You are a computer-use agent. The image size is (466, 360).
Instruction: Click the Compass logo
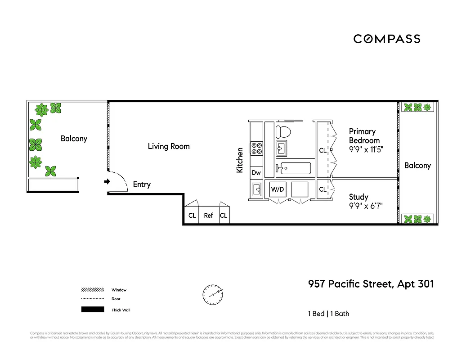click(x=387, y=39)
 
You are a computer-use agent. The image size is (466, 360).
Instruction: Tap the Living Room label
click(x=169, y=146)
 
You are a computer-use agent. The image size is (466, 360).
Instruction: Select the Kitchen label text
click(x=240, y=160)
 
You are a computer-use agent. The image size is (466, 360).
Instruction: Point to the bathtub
click(x=295, y=168)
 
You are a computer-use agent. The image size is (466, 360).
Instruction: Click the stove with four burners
click(x=257, y=148)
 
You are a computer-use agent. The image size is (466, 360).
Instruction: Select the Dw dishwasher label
click(x=256, y=173)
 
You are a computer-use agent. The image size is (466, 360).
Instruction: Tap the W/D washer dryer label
click(x=277, y=190)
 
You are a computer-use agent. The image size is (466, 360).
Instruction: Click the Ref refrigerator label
click(x=208, y=216)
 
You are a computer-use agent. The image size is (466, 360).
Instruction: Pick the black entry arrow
click(x=107, y=182)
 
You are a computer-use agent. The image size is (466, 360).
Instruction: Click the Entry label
click(x=142, y=184)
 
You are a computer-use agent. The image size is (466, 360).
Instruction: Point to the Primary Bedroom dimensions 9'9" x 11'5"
click(x=366, y=149)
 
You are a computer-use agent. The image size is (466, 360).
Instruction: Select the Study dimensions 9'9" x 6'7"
click(x=366, y=207)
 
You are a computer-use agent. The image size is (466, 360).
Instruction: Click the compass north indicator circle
click(x=212, y=294)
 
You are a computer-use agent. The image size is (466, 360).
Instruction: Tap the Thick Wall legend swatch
click(x=92, y=310)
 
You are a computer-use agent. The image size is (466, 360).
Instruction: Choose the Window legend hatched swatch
click(x=92, y=290)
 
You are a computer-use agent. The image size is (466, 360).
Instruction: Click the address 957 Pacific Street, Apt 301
click(x=371, y=284)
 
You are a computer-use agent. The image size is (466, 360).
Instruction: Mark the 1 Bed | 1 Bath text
click(x=328, y=314)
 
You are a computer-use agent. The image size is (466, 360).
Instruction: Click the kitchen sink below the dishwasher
click(x=257, y=189)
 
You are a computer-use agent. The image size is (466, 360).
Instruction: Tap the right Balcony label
click(x=417, y=166)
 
